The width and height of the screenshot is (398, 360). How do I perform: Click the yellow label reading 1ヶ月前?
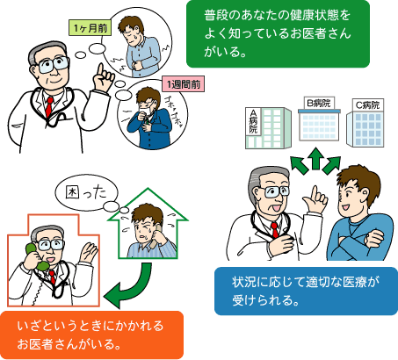[90, 28]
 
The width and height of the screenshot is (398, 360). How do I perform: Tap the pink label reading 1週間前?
[184, 84]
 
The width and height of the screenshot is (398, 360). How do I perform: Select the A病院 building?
[268, 128]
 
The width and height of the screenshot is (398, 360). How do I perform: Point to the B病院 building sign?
[319, 103]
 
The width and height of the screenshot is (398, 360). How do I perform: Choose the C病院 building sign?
[367, 104]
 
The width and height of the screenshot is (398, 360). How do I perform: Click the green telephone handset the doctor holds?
[36, 257]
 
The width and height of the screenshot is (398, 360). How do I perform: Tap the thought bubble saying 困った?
[86, 192]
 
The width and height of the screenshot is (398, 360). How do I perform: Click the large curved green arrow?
[129, 284]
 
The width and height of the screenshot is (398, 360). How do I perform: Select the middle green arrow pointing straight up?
[315, 158]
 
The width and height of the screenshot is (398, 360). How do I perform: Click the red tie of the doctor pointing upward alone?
[49, 106]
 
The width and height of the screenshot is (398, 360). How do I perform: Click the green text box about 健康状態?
[278, 33]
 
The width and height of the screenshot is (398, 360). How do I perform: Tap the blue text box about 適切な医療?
[306, 291]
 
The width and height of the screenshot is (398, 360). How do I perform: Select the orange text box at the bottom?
[91, 335]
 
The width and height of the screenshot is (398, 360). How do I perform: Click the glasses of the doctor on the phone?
[51, 245]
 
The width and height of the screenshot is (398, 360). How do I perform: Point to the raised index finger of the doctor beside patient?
[315, 192]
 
